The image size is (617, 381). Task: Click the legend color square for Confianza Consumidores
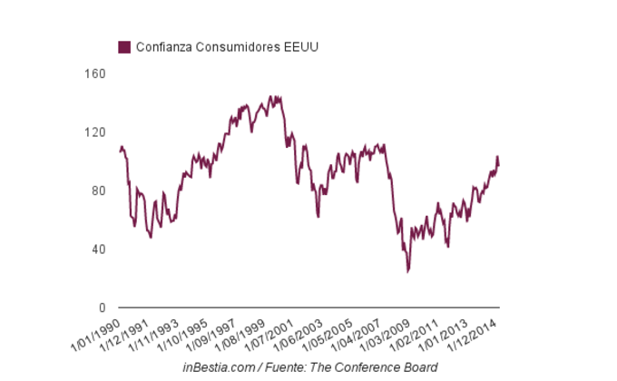124,46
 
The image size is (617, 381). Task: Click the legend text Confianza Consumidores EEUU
226,46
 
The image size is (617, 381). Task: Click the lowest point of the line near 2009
408,270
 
